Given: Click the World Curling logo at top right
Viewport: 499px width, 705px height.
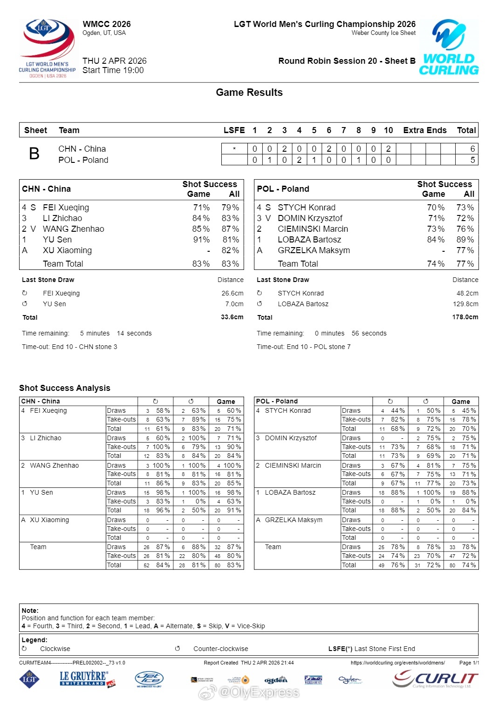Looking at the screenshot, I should click(449, 47).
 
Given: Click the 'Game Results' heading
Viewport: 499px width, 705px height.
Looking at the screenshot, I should click(249, 93).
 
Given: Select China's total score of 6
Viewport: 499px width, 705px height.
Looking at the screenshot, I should click(472, 149).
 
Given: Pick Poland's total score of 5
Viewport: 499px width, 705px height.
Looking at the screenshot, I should click(472, 160).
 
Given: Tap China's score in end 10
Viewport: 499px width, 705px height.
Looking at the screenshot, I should click(388, 149).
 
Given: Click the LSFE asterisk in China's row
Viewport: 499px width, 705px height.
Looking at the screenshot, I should click(234, 149).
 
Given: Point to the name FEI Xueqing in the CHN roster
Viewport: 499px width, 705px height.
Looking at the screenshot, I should click(66, 208).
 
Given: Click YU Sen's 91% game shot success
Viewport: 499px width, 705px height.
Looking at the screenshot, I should click(201, 240).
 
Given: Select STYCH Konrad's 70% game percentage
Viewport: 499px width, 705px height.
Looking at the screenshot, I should click(436, 208).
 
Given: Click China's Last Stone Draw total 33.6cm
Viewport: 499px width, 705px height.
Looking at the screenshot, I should click(232, 317).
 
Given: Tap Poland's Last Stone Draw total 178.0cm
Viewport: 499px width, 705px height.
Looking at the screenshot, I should click(465, 317).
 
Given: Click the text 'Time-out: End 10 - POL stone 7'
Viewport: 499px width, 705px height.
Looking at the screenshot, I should click(303, 347).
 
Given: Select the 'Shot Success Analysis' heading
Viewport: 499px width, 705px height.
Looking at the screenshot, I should click(65, 388).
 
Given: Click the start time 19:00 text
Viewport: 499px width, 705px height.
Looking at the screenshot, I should click(113, 70).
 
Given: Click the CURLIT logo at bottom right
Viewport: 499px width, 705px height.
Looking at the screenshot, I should click(435, 679).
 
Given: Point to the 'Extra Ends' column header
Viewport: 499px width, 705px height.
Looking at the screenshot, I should click(424, 130).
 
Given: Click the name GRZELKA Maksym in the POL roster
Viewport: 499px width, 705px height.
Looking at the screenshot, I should click(314, 250).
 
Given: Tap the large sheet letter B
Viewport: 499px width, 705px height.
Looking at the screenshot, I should click(34, 154).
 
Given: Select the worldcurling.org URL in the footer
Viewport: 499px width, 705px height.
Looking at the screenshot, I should click(397, 663).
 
